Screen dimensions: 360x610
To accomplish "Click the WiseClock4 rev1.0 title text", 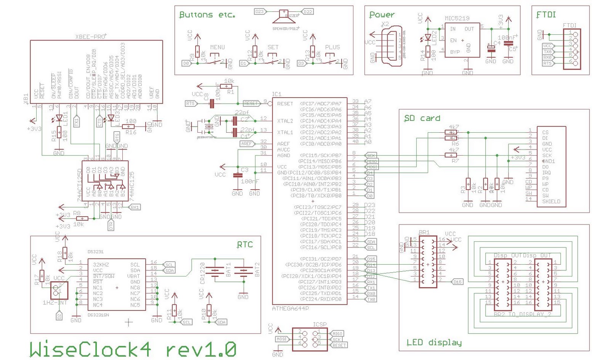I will click(133, 349).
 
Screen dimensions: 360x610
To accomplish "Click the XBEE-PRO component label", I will click(91, 37).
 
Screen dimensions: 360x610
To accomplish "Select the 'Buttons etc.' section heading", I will click(207, 15).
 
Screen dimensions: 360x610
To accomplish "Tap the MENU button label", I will click(217, 47).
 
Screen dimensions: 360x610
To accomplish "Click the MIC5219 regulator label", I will click(457, 18).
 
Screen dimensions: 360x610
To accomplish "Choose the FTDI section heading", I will click(546, 15).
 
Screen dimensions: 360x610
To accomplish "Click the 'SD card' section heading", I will click(422, 118).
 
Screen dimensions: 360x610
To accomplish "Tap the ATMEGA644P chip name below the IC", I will click(291, 308).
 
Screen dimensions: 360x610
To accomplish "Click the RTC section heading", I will click(245, 244).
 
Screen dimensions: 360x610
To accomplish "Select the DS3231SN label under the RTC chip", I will click(98, 315).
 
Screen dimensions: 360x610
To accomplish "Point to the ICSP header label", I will click(319, 325).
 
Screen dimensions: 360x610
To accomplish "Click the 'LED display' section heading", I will click(434, 342).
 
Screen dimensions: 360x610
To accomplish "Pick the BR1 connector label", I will click(424, 232).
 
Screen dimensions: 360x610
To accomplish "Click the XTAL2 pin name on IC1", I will click(285, 121).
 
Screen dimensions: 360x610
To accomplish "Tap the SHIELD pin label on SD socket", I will click(551, 201).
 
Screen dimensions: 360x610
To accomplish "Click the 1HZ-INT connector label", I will click(55, 302).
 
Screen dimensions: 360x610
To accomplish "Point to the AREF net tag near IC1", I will click(247, 144).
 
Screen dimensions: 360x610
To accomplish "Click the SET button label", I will click(273, 47).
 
